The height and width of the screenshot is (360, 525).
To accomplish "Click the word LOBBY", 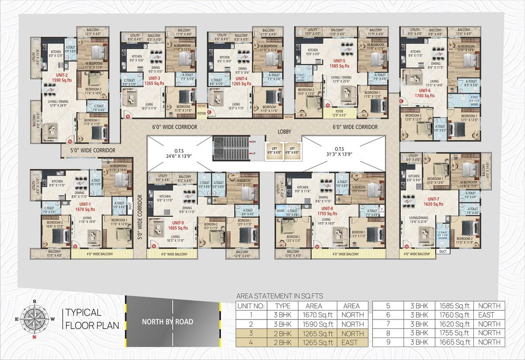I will pos(284,132).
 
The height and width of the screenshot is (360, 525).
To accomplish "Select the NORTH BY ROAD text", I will pos(167,322).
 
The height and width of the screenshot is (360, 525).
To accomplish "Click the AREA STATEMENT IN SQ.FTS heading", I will pos(280,296).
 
